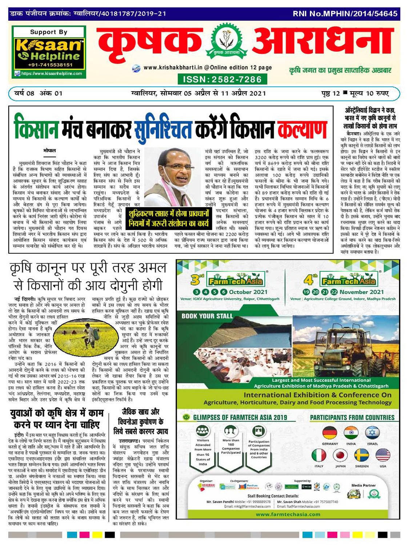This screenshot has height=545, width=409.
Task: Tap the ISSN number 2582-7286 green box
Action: [222, 79]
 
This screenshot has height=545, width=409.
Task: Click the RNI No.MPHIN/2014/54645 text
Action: [345, 14]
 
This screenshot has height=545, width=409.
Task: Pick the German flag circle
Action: [329, 433]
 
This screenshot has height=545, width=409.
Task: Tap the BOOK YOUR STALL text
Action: [207, 316]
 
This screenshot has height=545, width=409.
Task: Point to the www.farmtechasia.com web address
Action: [288, 514]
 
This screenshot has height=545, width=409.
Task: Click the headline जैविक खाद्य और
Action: [140, 412]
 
